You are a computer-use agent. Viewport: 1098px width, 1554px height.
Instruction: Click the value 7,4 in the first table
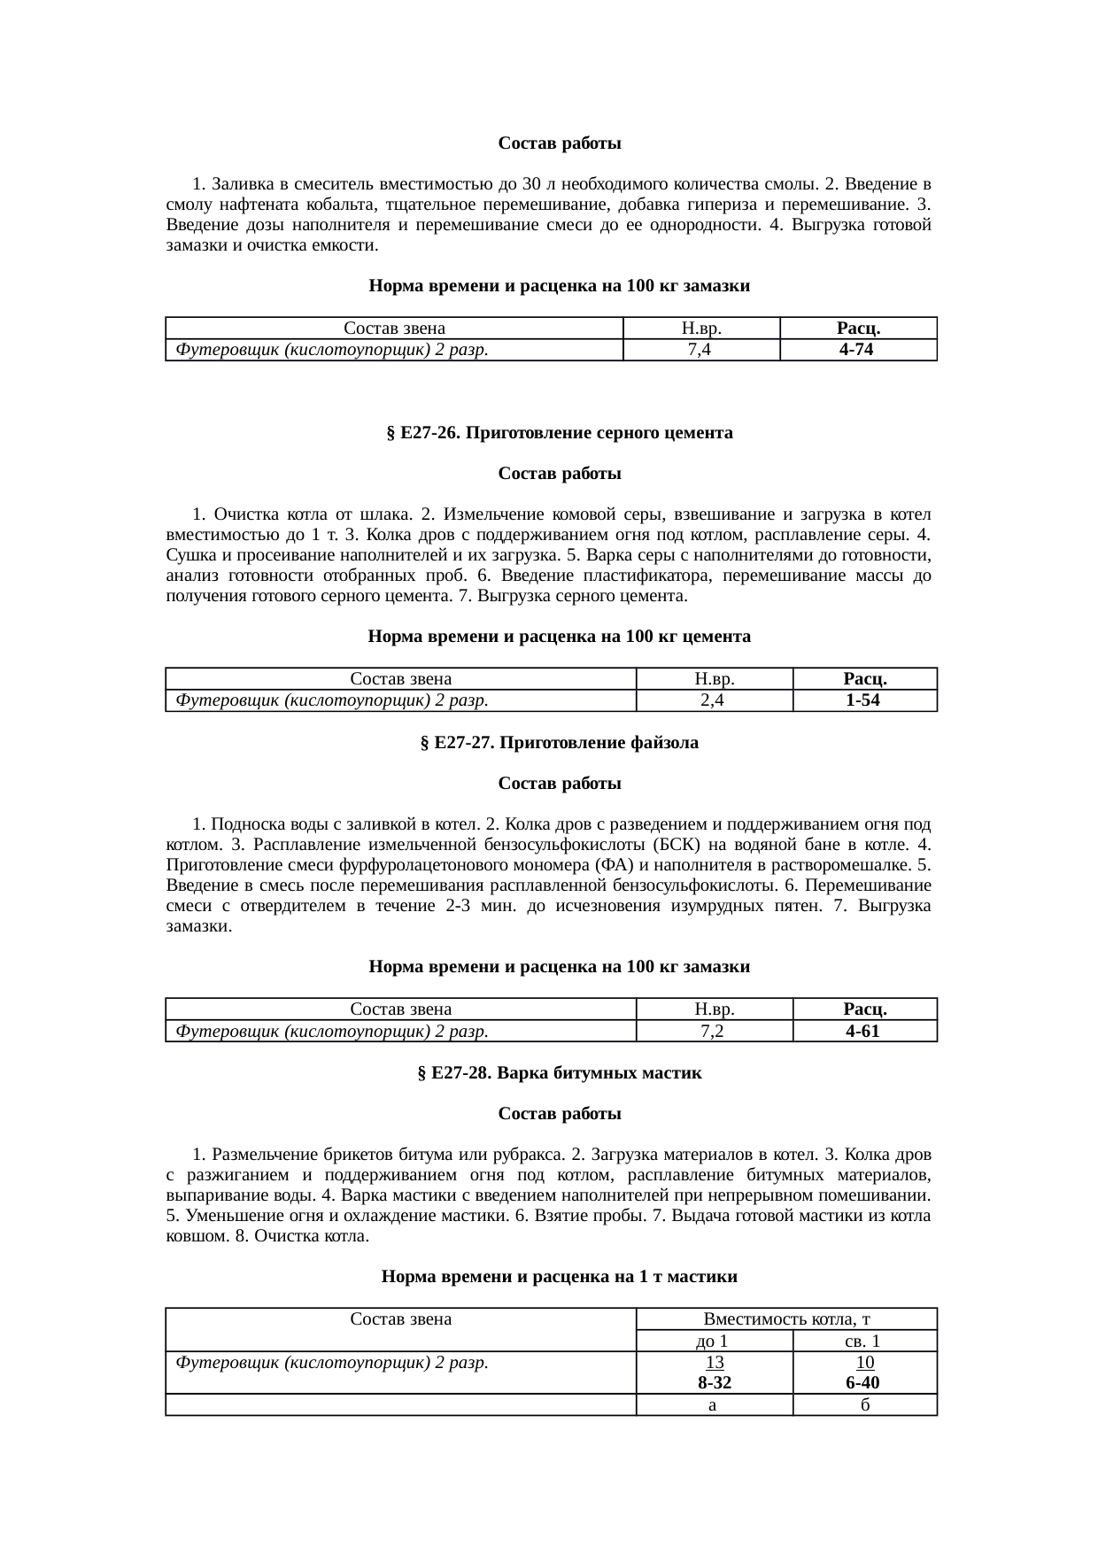pyautogui.click(x=700, y=350)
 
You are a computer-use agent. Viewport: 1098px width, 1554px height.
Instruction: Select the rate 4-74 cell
pyautogui.click(x=857, y=350)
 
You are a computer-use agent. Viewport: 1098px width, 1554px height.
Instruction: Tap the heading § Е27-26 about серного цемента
pyautogui.click(x=559, y=433)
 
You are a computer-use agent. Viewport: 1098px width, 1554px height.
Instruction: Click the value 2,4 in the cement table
pyautogui.click(x=714, y=700)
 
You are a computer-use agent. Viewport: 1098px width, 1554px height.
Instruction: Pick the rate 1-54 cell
pyautogui.click(x=863, y=700)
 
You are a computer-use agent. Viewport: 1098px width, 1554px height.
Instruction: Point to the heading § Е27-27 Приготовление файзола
pyautogui.click(x=559, y=743)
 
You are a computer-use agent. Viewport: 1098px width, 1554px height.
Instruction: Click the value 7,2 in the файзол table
pyautogui.click(x=714, y=1031)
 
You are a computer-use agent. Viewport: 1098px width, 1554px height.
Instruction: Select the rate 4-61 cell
pyautogui.click(x=863, y=1031)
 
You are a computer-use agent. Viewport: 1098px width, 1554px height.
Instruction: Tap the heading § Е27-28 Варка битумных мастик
pyautogui.click(x=559, y=1073)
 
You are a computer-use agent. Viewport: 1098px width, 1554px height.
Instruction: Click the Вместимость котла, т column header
pyautogui.click(x=786, y=1318)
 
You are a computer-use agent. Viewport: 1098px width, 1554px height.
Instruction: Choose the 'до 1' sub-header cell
pyautogui.click(x=714, y=1341)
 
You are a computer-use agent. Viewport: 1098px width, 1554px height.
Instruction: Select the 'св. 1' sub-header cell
pyautogui.click(x=863, y=1341)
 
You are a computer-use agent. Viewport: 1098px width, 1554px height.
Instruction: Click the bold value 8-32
pyautogui.click(x=714, y=1383)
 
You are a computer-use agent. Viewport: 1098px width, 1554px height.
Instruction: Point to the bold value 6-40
pyautogui.click(x=863, y=1383)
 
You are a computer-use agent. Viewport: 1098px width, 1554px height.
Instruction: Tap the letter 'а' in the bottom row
pyautogui.click(x=714, y=1404)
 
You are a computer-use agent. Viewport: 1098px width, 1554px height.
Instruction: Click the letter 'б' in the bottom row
pyautogui.click(x=863, y=1404)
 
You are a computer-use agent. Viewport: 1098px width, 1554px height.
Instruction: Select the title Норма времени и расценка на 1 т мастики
pyautogui.click(x=559, y=1277)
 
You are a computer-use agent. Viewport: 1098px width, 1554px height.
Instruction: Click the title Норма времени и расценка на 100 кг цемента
pyautogui.click(x=559, y=637)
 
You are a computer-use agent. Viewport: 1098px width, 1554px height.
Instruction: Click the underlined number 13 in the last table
pyautogui.click(x=714, y=1363)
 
